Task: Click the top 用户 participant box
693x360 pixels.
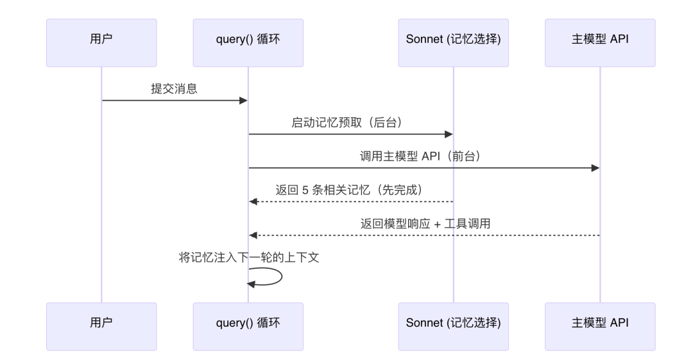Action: [x=101, y=43]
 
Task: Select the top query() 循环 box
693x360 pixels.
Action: [x=248, y=43]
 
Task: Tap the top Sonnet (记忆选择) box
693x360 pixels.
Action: [x=453, y=43]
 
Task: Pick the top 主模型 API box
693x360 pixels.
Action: [x=600, y=43]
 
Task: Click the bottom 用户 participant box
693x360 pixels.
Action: [x=101, y=326]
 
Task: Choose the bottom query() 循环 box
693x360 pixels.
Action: [x=248, y=326]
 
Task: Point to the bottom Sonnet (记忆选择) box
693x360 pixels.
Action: [x=453, y=326]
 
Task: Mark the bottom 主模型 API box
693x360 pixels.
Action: [x=600, y=326]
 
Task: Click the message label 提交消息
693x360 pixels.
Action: [x=174, y=89]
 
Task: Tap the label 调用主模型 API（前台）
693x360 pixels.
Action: [x=424, y=156]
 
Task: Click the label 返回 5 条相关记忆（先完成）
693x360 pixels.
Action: [x=350, y=190]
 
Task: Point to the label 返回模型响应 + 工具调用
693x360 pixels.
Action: [x=424, y=223]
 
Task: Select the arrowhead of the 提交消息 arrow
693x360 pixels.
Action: [x=244, y=101]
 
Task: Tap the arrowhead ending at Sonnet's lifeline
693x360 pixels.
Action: [x=449, y=134]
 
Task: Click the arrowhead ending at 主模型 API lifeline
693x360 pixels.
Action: [x=595, y=168]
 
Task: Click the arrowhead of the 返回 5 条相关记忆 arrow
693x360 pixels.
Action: [x=253, y=201]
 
